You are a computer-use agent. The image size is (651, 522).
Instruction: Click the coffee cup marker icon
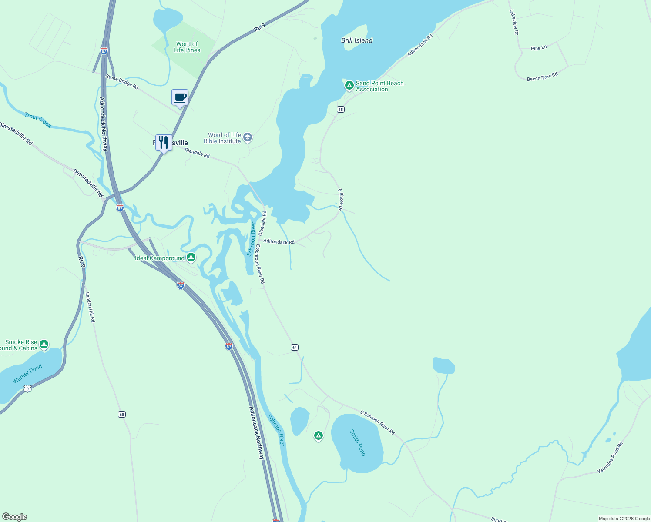[180, 97]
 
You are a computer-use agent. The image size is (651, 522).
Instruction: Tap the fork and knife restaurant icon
[163, 142]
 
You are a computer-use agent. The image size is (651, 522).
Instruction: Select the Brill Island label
[357, 40]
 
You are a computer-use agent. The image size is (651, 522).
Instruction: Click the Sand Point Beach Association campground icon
[349, 85]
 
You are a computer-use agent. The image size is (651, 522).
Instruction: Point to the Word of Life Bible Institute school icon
[248, 138]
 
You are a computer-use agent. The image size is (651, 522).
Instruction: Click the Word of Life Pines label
[187, 47]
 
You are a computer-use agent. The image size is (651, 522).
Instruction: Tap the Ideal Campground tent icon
[191, 258]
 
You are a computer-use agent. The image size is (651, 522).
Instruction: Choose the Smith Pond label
[358, 443]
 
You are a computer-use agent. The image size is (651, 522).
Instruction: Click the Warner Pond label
[27, 374]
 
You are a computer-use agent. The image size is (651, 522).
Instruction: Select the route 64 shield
[295, 347]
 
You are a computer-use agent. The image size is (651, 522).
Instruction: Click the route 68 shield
[122, 414]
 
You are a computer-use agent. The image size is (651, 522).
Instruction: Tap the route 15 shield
[340, 109]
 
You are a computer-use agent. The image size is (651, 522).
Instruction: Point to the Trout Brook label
[38, 120]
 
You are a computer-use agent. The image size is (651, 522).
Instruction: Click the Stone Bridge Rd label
[122, 82]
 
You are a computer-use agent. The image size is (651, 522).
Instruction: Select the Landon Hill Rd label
[90, 307]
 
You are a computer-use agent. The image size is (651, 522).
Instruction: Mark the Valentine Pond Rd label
[610, 458]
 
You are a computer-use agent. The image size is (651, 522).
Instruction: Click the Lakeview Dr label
[514, 22]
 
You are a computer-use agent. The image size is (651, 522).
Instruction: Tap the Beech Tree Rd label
[542, 77]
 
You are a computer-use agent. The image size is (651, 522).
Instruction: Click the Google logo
[14, 517]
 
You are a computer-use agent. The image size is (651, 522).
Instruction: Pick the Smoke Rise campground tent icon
[44, 345]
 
